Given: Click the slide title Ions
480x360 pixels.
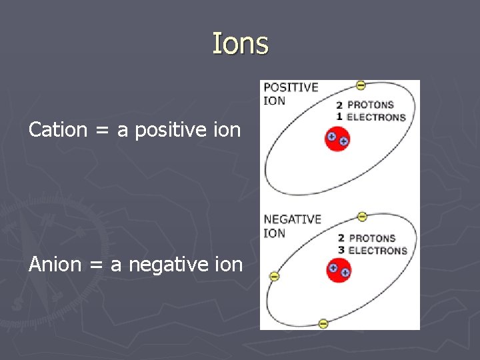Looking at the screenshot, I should coord(240,44).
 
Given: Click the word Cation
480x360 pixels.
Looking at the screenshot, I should coord(58,129).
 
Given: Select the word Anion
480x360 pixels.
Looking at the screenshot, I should coord(57,265).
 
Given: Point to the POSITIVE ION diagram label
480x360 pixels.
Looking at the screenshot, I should coord(291,93).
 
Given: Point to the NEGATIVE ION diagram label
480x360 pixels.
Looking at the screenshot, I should coord(292,225).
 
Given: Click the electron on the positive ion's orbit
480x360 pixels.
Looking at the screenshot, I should coord(361,85).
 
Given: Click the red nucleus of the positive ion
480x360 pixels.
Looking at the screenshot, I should coord(337,140).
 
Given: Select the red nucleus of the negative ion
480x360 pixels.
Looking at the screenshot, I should coord(338,271).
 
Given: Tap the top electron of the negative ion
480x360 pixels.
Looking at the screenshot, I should coord(361,216).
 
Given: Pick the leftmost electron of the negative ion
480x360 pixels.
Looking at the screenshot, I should coord(273,276).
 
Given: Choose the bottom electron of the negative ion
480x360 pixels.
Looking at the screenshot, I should coord(323,323).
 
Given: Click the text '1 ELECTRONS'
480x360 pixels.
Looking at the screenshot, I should coord(371,117).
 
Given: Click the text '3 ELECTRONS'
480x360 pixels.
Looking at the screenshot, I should coord(371,251).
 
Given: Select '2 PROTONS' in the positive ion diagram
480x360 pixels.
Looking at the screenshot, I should coord(365,105).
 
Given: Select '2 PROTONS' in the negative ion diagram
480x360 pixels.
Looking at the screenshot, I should coord(366,238).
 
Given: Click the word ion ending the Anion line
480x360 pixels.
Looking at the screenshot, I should coord(229,265).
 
